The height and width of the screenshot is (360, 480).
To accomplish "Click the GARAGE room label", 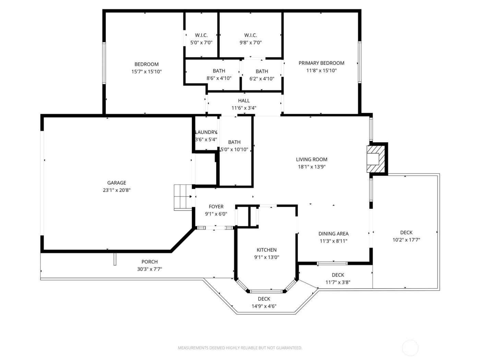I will click(x=117, y=183).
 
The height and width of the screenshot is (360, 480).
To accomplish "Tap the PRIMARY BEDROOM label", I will click(x=321, y=63).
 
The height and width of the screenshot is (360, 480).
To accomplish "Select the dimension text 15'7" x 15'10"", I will click(x=146, y=72).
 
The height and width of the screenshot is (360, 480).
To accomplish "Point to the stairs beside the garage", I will click(x=182, y=197).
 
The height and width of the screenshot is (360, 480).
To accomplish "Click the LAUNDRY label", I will click(x=206, y=132).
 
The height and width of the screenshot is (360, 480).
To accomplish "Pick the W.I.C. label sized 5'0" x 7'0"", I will click(x=201, y=35).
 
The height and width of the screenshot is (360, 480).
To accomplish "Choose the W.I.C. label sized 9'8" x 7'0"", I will click(x=251, y=35).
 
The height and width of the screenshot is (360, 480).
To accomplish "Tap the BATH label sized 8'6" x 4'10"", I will click(x=219, y=71).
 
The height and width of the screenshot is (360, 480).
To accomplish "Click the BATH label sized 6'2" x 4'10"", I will click(x=262, y=71).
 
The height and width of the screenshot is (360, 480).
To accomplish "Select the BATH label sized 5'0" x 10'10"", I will click(x=234, y=142).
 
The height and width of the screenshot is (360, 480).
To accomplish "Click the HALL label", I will click(x=244, y=100).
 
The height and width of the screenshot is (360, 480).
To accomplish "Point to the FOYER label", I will click(x=216, y=206).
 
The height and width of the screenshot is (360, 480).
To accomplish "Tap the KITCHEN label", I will click(x=266, y=250).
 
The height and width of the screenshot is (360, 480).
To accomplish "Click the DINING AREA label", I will click(x=333, y=233).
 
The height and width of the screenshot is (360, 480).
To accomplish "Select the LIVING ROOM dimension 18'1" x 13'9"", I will click(x=311, y=167).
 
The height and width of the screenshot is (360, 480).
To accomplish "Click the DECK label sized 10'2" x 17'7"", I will click(x=406, y=232).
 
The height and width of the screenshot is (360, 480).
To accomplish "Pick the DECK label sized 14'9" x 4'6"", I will click(x=264, y=299).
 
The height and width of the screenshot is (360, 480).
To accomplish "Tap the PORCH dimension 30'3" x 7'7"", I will click(x=149, y=269).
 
